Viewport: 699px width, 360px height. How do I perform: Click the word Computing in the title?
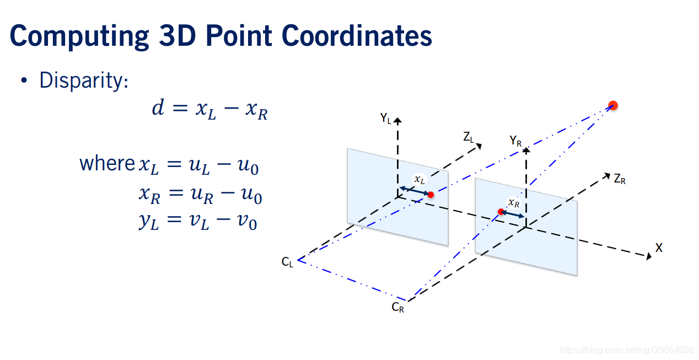(x=79, y=36)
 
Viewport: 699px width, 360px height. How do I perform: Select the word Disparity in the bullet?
(x=83, y=81)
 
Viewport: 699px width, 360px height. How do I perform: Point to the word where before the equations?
(x=107, y=164)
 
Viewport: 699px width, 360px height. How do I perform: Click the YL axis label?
(x=385, y=117)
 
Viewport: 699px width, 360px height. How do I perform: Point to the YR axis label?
(x=515, y=141)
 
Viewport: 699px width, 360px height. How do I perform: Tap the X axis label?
(x=658, y=248)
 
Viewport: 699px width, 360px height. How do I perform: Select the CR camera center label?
(x=398, y=308)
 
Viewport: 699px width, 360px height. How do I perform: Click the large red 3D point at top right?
(x=612, y=105)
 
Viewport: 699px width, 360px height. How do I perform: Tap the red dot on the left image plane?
(x=431, y=195)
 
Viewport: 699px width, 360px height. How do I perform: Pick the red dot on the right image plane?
(x=501, y=212)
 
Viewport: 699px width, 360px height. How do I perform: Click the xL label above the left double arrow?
(x=420, y=180)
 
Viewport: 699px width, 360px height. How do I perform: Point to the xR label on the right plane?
(x=514, y=202)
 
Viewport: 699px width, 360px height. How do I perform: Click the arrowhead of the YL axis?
(x=397, y=120)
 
